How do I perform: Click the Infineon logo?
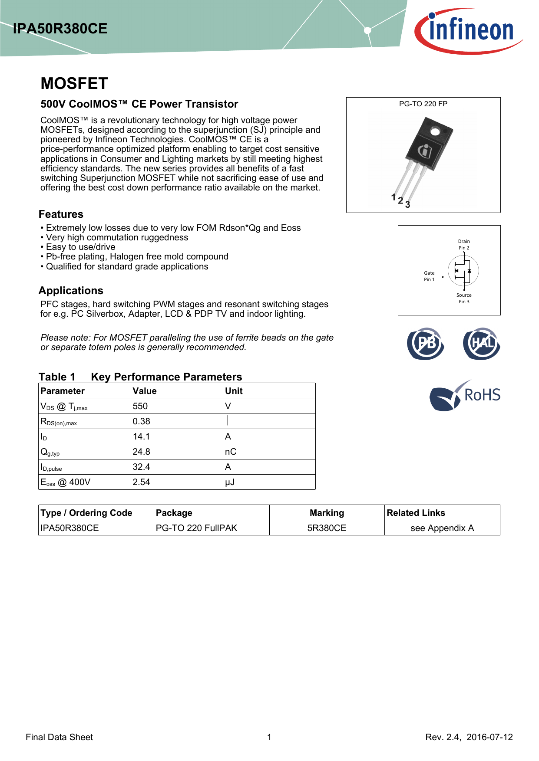click(468, 30)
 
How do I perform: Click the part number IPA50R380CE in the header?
click(60, 29)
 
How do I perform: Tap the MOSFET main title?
click(74, 83)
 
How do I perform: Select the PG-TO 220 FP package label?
click(423, 104)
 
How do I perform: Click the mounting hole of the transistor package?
click(435, 131)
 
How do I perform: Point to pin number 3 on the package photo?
click(407, 205)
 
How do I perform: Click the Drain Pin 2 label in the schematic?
click(464, 245)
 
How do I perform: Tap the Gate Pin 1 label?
click(429, 276)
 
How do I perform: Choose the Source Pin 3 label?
click(464, 298)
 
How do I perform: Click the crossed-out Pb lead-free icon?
click(426, 344)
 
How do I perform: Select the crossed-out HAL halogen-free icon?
click(481, 344)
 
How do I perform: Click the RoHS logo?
click(465, 395)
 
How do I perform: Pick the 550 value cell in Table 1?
click(140, 406)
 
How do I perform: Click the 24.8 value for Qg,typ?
click(142, 452)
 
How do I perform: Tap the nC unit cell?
click(231, 452)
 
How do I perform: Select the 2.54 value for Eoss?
click(142, 482)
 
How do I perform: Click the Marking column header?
click(327, 513)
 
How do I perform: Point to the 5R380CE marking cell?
click(327, 528)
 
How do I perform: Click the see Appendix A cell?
click(442, 528)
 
